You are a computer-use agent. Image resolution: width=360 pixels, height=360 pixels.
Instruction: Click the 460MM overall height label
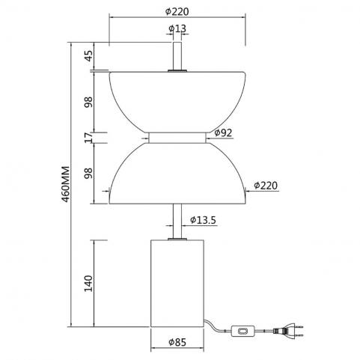65,183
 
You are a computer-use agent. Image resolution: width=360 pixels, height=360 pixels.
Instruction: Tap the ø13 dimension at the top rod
177,28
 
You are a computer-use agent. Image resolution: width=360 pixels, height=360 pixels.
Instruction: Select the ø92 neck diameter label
223,132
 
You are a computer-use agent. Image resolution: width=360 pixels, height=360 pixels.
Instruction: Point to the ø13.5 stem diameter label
203,220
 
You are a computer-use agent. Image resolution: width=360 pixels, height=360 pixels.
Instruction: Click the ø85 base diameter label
177,342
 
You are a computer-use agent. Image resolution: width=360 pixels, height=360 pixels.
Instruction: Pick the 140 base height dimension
88,284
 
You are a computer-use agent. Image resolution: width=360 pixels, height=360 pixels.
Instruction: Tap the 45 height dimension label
88,56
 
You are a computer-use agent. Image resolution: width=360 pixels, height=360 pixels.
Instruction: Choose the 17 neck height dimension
88,138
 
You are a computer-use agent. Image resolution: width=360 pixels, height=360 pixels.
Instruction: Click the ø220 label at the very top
177,11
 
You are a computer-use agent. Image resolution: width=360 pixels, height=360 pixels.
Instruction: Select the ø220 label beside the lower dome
266,186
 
